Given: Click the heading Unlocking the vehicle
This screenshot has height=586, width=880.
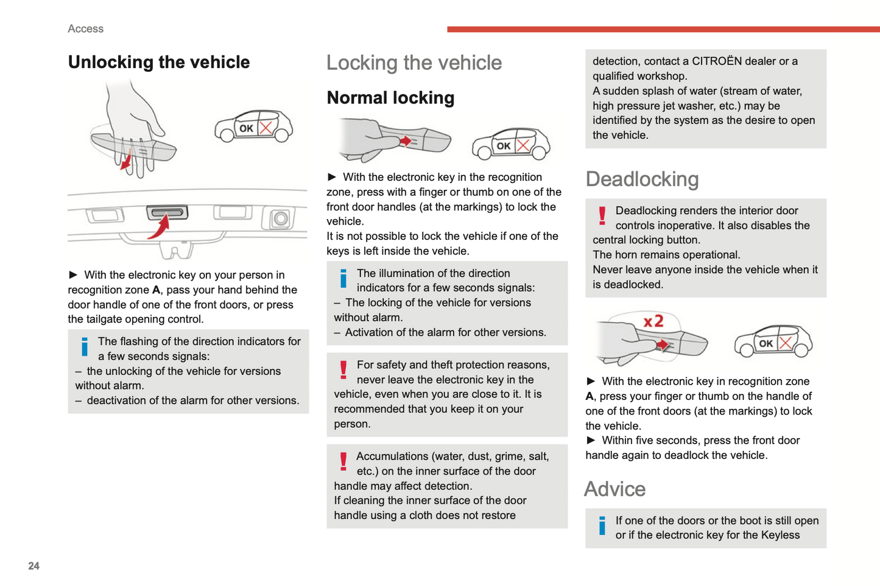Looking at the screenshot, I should pyautogui.click(x=158, y=62).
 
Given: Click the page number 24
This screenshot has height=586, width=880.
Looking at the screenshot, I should pyautogui.click(x=33, y=566).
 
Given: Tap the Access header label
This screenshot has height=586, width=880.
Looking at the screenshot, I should pyautogui.click(x=85, y=29).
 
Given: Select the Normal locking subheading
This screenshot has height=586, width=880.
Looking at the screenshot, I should pyautogui.click(x=390, y=97).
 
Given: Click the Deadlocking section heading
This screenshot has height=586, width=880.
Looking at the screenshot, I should pyautogui.click(x=642, y=179).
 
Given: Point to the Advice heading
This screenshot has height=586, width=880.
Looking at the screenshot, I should pyautogui.click(x=614, y=489).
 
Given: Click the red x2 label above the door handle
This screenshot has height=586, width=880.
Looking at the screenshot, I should pyautogui.click(x=653, y=321).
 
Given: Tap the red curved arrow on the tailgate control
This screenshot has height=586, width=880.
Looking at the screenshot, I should pyautogui.click(x=160, y=228).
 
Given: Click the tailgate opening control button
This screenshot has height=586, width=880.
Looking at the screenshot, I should pyautogui.click(x=167, y=212).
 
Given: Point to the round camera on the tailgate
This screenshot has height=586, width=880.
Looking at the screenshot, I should pyautogui.click(x=280, y=218).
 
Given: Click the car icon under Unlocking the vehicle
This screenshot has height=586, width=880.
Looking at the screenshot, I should pyautogui.click(x=253, y=127).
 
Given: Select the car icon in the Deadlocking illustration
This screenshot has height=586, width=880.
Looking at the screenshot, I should pyautogui.click(x=773, y=341).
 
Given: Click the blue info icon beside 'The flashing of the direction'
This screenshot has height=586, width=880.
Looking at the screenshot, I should pyautogui.click(x=85, y=347).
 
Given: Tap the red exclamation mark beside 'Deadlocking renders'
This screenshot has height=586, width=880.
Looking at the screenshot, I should pyautogui.click(x=602, y=216).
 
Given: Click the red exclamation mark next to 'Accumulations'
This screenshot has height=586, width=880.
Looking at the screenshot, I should pyautogui.click(x=343, y=462).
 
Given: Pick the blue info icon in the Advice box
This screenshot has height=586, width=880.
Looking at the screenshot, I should pyautogui.click(x=602, y=526).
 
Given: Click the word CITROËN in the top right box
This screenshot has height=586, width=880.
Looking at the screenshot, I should pyautogui.click(x=717, y=61).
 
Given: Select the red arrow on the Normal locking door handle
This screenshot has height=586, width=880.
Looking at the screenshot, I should pyautogui.click(x=404, y=141).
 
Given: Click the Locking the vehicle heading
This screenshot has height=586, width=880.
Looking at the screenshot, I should pyautogui.click(x=414, y=62).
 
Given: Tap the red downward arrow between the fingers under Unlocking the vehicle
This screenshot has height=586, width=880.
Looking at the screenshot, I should pyautogui.click(x=126, y=161).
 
